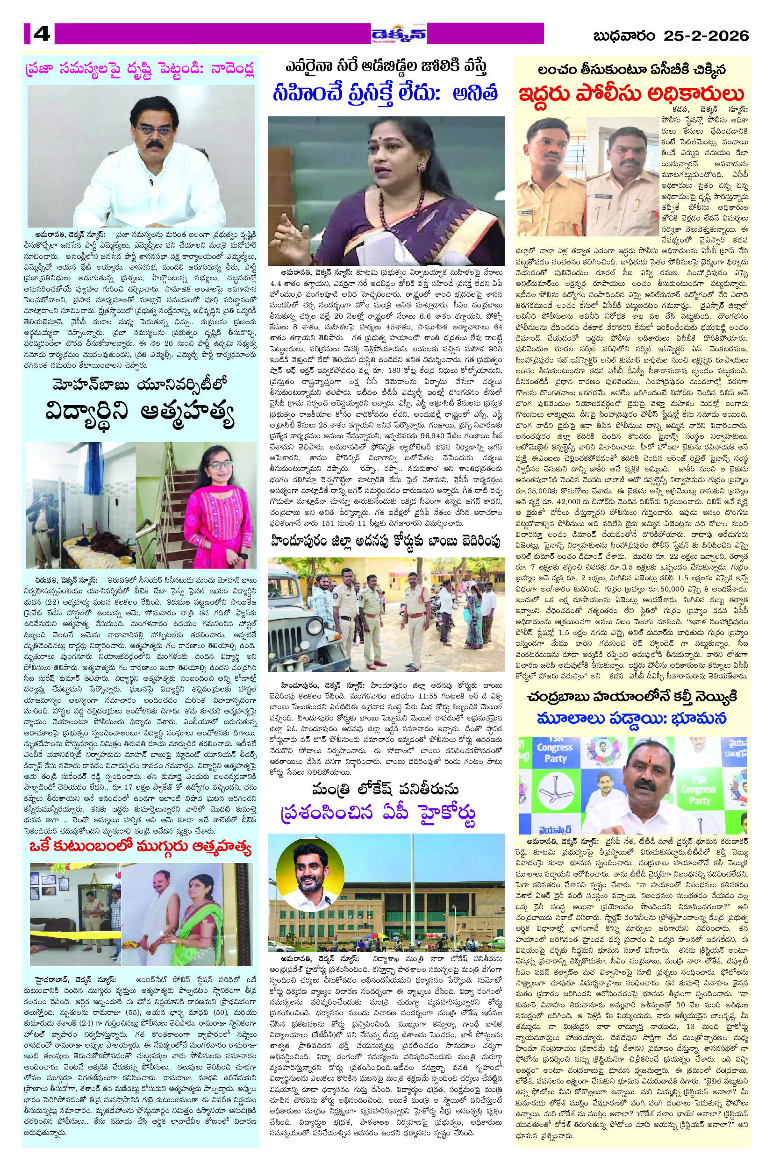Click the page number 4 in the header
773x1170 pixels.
click(42, 35)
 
